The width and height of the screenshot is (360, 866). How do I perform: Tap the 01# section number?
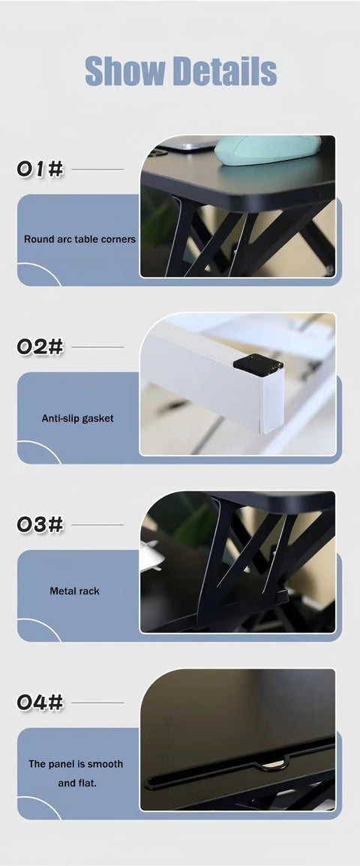40,169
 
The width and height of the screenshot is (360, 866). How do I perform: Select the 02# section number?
40,347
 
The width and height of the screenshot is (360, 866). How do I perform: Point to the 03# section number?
40,525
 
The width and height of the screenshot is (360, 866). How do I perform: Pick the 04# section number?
40,702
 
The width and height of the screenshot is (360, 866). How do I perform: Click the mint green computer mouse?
268,149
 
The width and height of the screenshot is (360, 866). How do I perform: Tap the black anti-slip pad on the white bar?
258,365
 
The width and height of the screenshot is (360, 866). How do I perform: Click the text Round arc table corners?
79,239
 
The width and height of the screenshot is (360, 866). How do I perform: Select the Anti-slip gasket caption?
78,418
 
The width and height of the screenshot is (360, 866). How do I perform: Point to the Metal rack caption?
74,591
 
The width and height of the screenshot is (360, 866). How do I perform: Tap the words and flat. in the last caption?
76,783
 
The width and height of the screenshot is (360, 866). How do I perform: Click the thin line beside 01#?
97,169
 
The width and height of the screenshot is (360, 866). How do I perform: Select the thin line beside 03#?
97,525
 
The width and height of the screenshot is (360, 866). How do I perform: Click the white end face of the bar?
272,401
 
